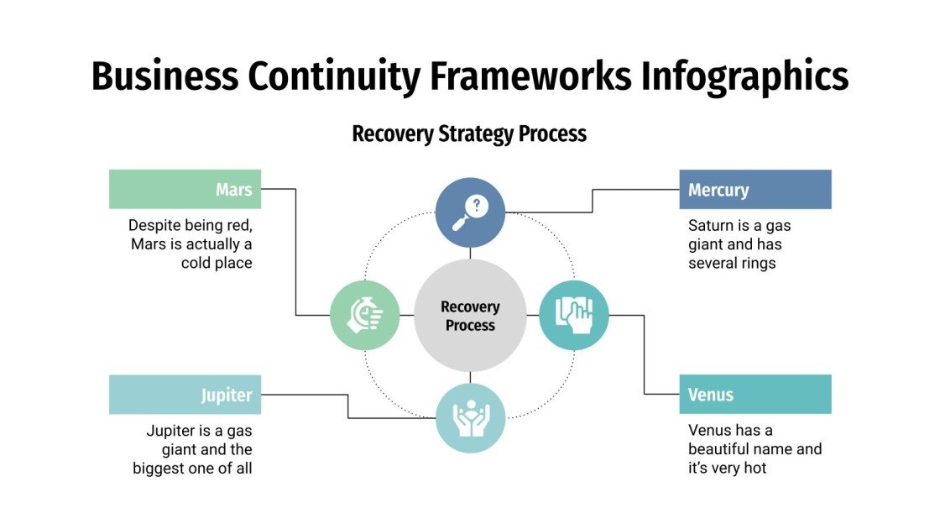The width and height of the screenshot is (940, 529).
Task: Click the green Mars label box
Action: pyautogui.click(x=185, y=189)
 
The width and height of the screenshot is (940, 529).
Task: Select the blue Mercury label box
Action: pyautogui.click(x=755, y=189)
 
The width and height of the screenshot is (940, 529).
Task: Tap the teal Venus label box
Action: pyautogui.click(x=755, y=394)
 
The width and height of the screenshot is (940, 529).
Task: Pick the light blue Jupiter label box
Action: pyautogui.click(x=185, y=394)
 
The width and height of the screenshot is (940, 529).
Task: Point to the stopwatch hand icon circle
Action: pyautogui.click(x=365, y=315)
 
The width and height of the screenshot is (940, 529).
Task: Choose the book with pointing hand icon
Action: pyautogui.click(x=574, y=315)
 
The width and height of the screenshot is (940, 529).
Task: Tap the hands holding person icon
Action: pyautogui.click(x=470, y=418)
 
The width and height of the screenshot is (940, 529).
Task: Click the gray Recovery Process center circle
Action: pyautogui.click(x=470, y=316)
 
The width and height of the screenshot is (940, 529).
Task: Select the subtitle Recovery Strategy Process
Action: pyautogui.click(x=469, y=134)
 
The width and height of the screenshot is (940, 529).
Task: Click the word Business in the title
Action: pyautogui.click(x=164, y=76)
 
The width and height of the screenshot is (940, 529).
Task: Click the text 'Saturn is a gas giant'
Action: pyautogui.click(x=739, y=235)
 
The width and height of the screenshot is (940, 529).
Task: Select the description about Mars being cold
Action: pyautogui.click(x=191, y=244)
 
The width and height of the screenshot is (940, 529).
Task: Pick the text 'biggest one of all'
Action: pyautogui.click(x=192, y=469)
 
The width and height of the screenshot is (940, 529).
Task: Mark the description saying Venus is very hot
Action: pyautogui.click(x=754, y=449)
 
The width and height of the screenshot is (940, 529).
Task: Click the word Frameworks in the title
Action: pyautogui.click(x=532, y=76)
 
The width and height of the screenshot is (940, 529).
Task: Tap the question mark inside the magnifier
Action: pyautogui.click(x=477, y=203)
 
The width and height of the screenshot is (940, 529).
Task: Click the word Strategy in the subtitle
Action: pyautogui.click(x=475, y=134)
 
